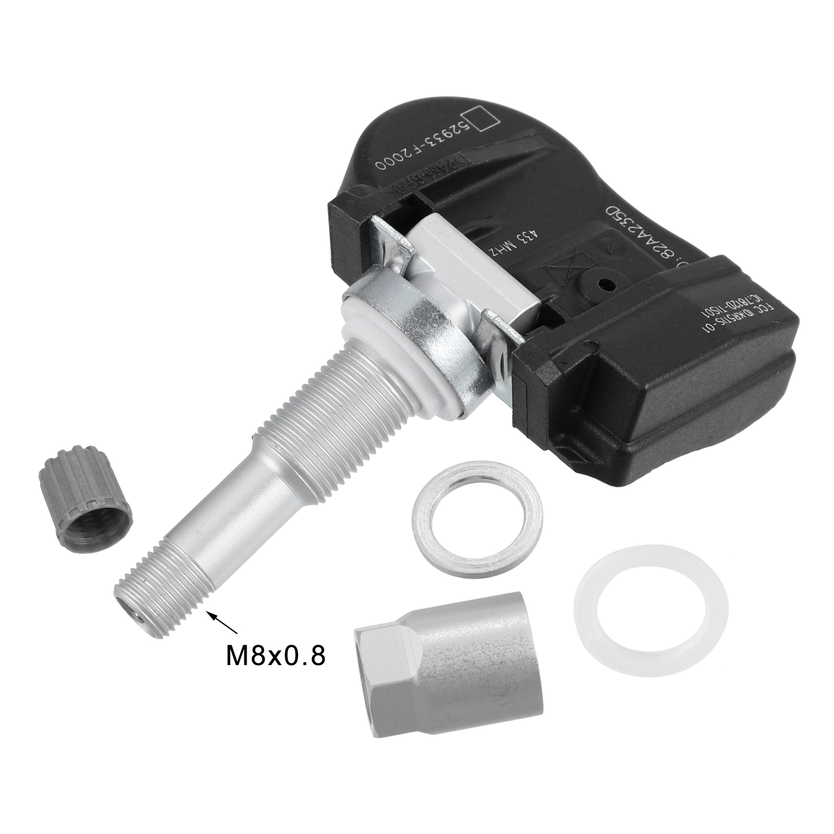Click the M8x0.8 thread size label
[275, 655]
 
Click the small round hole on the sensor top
[604, 285]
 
